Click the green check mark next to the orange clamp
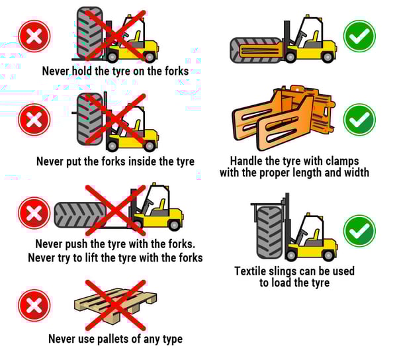[x=359, y=120]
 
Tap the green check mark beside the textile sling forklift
[x=359, y=230]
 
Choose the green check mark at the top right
[x=359, y=36]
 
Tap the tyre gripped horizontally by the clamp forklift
[x=257, y=50]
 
